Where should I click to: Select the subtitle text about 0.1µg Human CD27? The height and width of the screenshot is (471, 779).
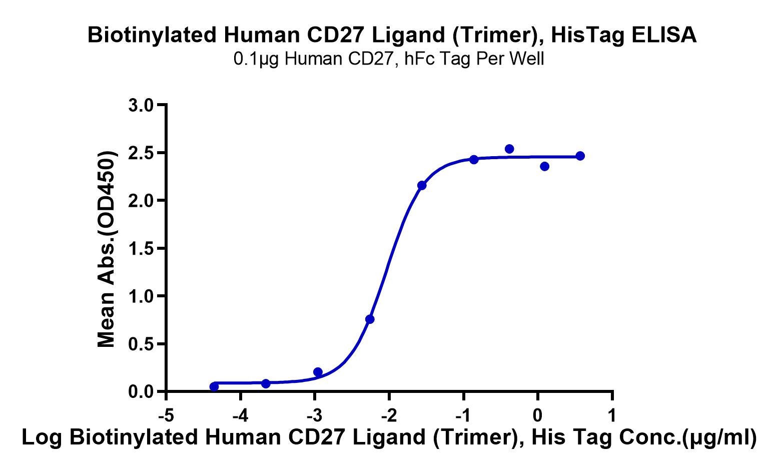pyautogui.click(x=389, y=60)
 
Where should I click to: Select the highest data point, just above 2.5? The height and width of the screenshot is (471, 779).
pyautogui.click(x=509, y=149)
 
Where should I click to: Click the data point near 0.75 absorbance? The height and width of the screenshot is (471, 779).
pyautogui.click(x=370, y=319)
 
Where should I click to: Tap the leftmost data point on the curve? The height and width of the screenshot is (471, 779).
pyautogui.click(x=214, y=386)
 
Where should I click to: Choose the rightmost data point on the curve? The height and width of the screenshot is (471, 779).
pyautogui.click(x=580, y=156)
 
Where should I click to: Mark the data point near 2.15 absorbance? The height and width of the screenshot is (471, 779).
pyautogui.click(x=422, y=185)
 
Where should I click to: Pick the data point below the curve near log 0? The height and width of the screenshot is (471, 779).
pyautogui.click(x=544, y=166)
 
